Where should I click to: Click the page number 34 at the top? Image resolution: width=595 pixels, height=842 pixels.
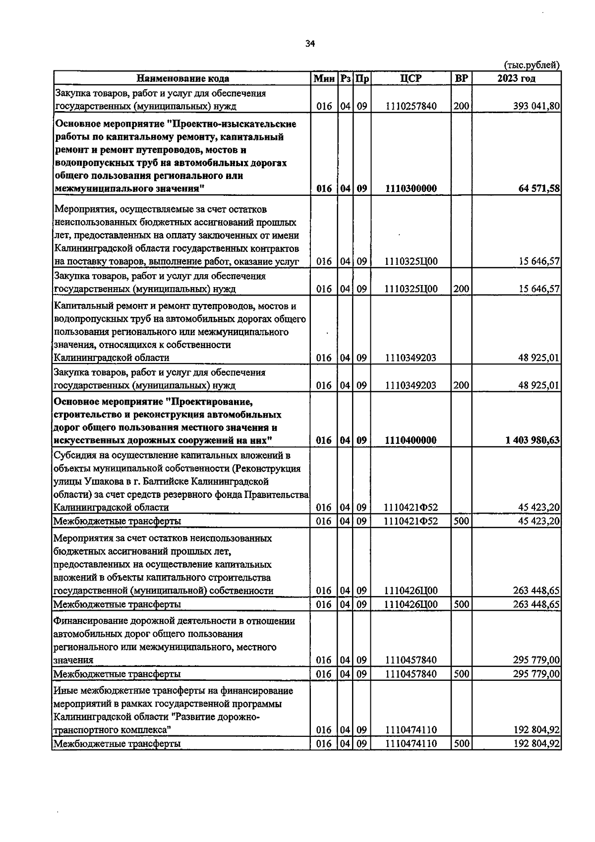pyautogui.click(x=310, y=44)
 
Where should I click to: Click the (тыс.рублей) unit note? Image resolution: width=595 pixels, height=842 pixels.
pyautogui.click(x=532, y=65)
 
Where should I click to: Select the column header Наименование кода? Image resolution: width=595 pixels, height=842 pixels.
pyautogui.click(x=182, y=78)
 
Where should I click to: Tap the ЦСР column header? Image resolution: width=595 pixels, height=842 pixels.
pyautogui.click(x=411, y=78)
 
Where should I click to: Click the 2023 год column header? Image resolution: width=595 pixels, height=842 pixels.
pyautogui.click(x=516, y=78)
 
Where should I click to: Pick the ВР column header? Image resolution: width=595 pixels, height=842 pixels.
pyautogui.click(x=461, y=78)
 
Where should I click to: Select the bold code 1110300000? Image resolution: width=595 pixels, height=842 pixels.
pyautogui.click(x=411, y=188)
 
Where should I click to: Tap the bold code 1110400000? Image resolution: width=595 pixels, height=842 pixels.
pyautogui.click(x=411, y=440)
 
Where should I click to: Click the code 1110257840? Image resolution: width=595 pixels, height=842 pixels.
pyautogui.click(x=411, y=106)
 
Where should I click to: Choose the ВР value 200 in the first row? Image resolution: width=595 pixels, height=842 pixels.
pyautogui.click(x=461, y=106)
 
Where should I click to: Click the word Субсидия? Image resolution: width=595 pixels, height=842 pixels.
pyautogui.click(x=73, y=455)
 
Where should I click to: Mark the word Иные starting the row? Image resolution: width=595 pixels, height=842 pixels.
pyautogui.click(x=64, y=691)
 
